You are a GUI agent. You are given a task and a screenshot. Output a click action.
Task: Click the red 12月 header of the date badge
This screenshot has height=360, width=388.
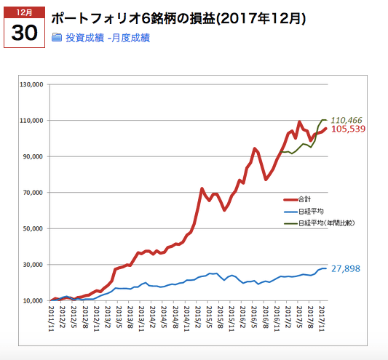point(25,12)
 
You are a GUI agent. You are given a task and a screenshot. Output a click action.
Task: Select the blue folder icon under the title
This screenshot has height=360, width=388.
point(57,37)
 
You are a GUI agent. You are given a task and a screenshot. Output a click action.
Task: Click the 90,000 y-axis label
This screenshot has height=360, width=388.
point(33,156)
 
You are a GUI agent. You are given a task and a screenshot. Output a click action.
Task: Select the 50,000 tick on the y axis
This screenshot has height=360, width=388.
point(33,228)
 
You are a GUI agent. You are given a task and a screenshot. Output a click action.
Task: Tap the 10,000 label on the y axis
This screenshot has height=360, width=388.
point(33,300)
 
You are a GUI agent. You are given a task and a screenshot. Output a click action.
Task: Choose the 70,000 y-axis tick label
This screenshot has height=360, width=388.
point(33,193)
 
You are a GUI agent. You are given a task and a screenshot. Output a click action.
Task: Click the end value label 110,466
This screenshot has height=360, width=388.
point(347,119)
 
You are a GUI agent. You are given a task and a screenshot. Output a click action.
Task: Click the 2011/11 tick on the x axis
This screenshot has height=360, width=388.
point(51,318)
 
